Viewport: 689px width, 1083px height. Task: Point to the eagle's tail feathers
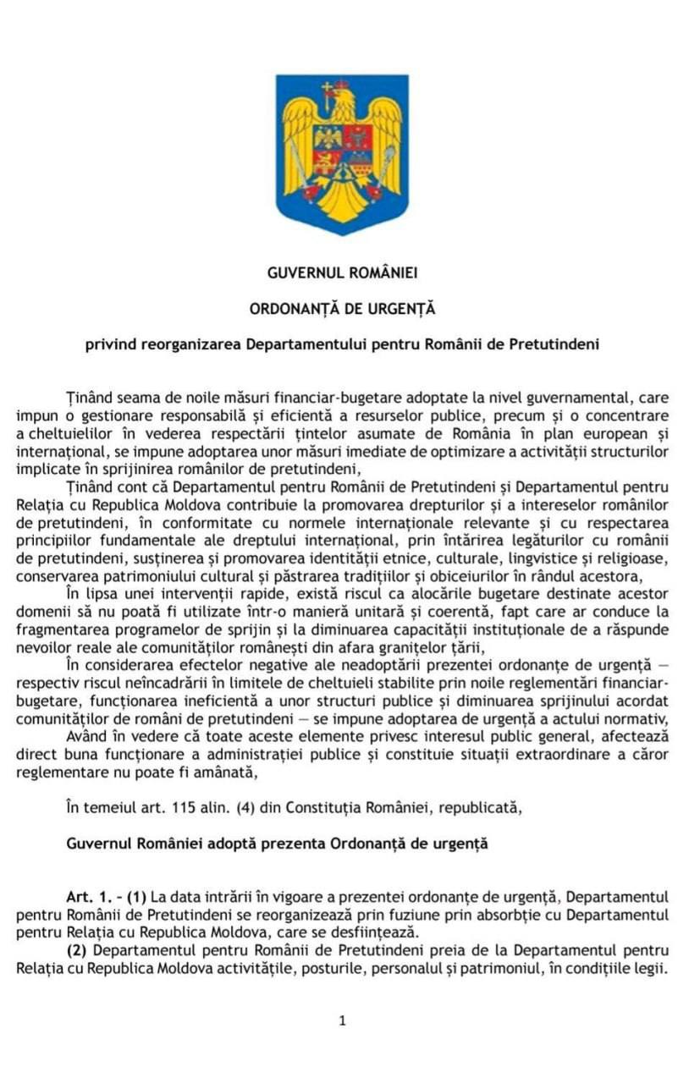click(342, 210)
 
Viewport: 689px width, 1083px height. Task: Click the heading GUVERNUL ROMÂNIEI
click(342, 273)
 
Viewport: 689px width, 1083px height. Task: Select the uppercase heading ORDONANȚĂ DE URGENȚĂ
click(342, 309)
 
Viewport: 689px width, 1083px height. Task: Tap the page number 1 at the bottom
click(342, 1020)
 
